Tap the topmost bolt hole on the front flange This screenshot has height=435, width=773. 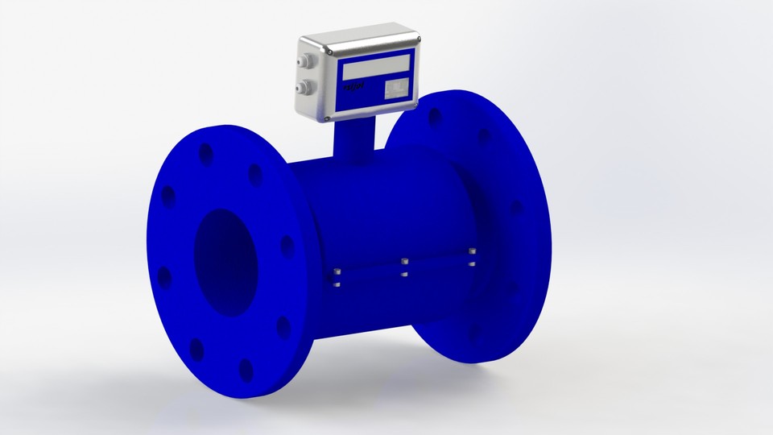(206, 153)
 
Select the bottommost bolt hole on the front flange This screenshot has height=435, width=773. (246, 370)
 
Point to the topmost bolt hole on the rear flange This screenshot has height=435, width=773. (435, 116)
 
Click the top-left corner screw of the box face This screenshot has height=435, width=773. (330, 52)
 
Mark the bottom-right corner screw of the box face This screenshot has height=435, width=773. (415, 104)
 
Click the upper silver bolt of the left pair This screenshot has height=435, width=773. (337, 271)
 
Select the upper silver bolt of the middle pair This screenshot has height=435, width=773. (405, 262)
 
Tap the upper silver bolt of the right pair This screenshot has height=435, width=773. (473, 252)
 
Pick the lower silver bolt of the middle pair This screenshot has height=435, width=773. (405, 274)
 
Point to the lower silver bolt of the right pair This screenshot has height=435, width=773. (473, 263)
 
